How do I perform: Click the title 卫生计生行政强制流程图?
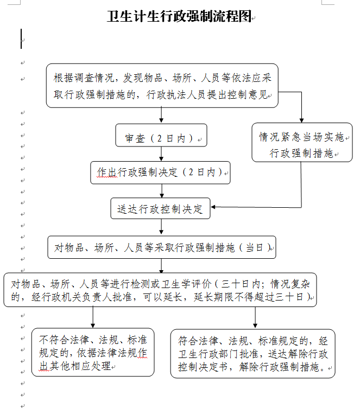pyautogui.click(x=179, y=16)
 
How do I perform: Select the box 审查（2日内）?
pyautogui.click(x=161, y=135)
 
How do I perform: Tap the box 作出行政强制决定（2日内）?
pyautogui.click(x=160, y=173)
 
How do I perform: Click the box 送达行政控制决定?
pyautogui.click(x=160, y=208)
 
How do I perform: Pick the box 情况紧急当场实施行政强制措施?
pyautogui.click(x=302, y=142)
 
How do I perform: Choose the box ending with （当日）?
pyautogui.click(x=162, y=247)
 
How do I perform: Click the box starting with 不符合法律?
pyautogui.click(x=93, y=352)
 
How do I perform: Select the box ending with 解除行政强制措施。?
pyautogui.click(x=252, y=354)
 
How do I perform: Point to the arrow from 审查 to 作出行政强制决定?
pyautogui.click(x=161, y=154)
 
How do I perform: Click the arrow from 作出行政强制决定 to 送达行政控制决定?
pyautogui.click(x=162, y=191)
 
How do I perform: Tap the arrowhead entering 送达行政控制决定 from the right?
pyautogui.click(x=213, y=207)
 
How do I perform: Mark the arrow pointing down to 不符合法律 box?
pyautogui.click(x=93, y=317)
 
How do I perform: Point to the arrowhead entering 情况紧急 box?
pyautogui.click(x=301, y=120)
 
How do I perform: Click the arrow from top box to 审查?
pyautogui.click(x=161, y=115)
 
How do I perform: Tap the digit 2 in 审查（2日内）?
pyautogui.click(x=159, y=138)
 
